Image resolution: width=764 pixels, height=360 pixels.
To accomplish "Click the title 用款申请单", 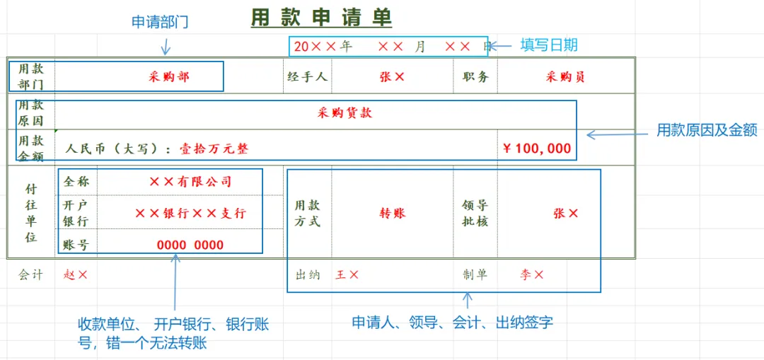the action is (321, 18).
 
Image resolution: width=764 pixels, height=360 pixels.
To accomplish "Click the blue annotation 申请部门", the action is (160, 22).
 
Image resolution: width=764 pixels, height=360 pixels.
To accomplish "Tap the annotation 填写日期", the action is (549, 45).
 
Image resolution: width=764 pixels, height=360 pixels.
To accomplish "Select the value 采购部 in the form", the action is (169, 77).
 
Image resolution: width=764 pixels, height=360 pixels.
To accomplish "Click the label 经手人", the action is (307, 77).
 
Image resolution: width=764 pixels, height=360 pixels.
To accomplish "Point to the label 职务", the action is (475, 77).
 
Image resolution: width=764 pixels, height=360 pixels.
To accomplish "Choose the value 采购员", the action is (565, 77).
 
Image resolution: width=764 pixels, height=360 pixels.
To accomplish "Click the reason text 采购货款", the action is (345, 113).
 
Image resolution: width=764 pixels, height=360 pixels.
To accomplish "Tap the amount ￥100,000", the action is (536, 149).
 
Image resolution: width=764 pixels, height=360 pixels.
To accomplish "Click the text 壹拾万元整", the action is (213, 149).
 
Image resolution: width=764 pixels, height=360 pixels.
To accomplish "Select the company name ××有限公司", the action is (190, 182).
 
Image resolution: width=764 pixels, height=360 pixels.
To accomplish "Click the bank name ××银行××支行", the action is (190, 213).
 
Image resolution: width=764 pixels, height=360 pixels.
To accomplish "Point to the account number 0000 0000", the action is (190, 245).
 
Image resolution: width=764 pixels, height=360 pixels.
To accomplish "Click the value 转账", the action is (393, 213).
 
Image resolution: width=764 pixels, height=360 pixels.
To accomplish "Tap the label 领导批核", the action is (475, 213).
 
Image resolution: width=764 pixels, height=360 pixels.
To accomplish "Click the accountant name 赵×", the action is (76, 274).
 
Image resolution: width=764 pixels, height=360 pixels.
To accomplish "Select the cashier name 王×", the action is (347, 274).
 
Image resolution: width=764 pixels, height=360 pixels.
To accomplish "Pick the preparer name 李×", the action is (531, 274).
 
